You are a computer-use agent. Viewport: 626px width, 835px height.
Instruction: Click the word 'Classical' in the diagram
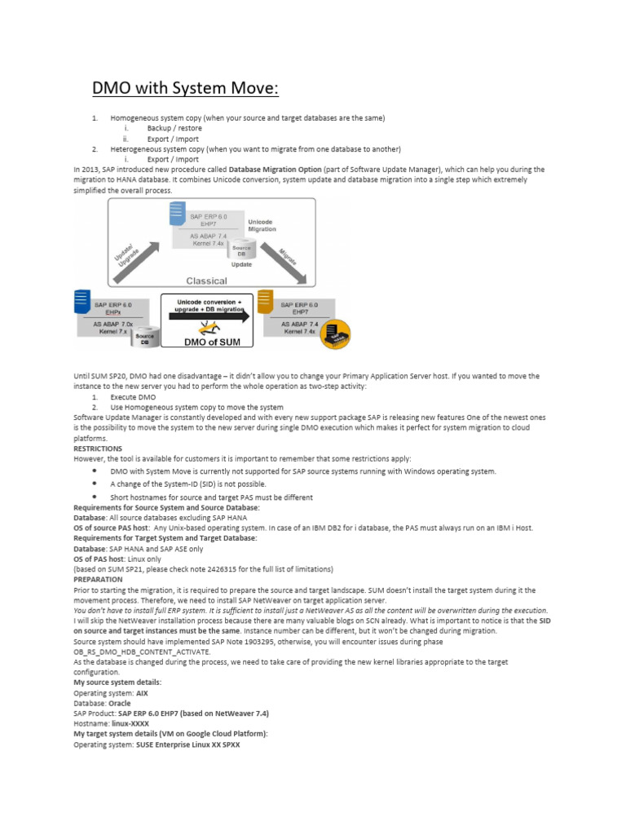206,281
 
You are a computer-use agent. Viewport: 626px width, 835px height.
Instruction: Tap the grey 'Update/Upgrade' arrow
129,247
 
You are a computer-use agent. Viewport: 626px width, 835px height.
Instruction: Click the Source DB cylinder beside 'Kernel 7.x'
145,338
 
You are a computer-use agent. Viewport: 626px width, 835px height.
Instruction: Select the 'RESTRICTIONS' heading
98,448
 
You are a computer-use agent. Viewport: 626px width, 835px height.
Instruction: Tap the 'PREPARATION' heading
98,579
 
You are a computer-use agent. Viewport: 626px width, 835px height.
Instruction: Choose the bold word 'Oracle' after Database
120,702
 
